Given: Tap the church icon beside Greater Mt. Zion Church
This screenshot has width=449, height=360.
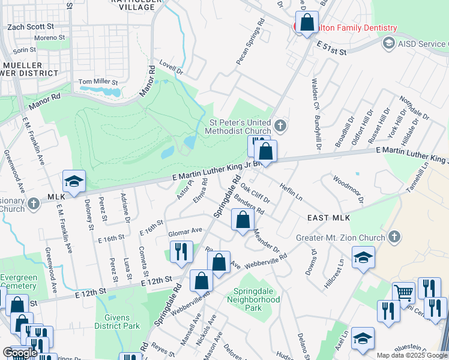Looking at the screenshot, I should pyautogui.click(x=394, y=236).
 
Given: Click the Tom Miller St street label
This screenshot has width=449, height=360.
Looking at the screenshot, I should pyautogui.click(x=98, y=82).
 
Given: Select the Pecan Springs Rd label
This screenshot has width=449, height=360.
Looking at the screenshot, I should pyautogui.click(x=250, y=46).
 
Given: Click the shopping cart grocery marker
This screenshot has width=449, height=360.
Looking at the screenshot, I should pyautogui.click(x=404, y=293).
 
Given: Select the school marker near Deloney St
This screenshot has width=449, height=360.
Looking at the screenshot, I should pyautogui.click(x=74, y=181).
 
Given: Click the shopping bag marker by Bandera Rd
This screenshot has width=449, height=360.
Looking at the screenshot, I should pyautogui.click(x=243, y=220).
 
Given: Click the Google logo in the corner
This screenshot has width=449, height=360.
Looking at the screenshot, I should pyautogui.click(x=20, y=352).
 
